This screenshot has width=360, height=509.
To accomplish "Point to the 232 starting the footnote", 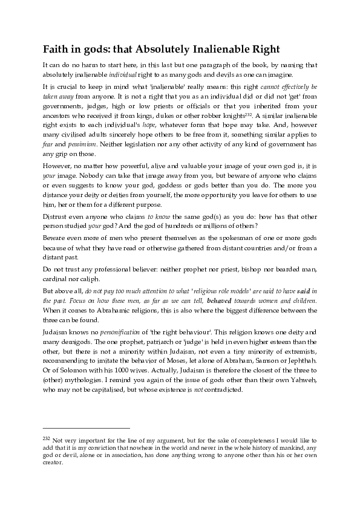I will (x=46, y=437).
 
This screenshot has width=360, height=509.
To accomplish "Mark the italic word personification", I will (x=111, y=332).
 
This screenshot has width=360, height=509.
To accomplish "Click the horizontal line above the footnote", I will (x=86, y=428).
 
